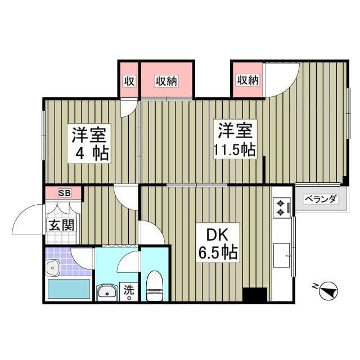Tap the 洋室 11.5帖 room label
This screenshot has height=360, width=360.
[234, 139]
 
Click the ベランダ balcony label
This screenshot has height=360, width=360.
[321, 199]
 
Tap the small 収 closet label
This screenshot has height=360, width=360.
[129, 80]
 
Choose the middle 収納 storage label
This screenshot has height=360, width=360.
[166, 80]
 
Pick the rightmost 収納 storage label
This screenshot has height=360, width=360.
[247, 80]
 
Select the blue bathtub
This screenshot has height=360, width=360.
[68, 289]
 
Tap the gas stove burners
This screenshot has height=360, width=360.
[280, 208]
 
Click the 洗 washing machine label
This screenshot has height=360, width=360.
[129, 291]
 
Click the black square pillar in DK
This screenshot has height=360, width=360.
[255, 295]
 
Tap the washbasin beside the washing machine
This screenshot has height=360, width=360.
[107, 292]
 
